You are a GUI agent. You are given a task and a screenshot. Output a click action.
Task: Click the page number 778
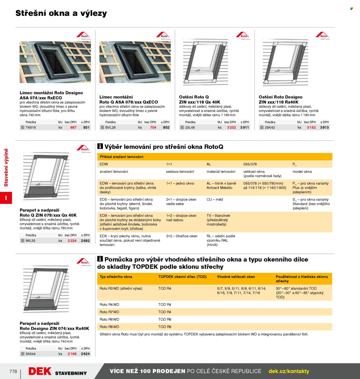click(x=13, y=371)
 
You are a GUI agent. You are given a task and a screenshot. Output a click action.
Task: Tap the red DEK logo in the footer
click(x=40, y=371)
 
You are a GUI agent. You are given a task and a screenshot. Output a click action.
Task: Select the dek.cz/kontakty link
click(x=289, y=371)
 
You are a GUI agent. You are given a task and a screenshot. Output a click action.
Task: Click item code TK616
click(x=31, y=127)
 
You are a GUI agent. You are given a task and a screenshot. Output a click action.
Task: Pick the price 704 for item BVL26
click(x=153, y=127)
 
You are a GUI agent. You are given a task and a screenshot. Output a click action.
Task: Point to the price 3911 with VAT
click(x=245, y=127)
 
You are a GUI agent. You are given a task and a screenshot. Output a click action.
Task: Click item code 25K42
click(x=270, y=127)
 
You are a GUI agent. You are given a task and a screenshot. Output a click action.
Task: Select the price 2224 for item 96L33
click(x=72, y=240)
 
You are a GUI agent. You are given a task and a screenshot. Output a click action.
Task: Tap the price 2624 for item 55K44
click(x=85, y=354)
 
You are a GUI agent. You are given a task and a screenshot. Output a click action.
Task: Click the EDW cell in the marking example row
click(x=104, y=164)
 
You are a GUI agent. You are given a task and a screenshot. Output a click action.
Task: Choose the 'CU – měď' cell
click(x=215, y=200)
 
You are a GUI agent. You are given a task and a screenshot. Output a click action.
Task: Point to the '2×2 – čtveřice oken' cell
click(x=182, y=236)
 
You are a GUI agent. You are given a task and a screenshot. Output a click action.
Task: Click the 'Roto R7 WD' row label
click(x=109, y=312)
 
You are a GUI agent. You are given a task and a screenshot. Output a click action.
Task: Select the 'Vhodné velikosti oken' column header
click(x=236, y=277)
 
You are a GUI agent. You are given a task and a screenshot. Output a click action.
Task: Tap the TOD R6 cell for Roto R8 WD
click(x=165, y=327)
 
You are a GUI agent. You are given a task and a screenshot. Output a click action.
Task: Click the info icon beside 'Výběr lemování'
click(x=100, y=146)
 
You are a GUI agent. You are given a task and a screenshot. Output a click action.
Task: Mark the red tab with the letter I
click(x=6, y=198)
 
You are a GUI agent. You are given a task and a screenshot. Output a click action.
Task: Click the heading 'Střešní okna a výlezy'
click(x=61, y=13)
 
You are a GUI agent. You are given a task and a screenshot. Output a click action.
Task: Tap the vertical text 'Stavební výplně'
click(x=6, y=168)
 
